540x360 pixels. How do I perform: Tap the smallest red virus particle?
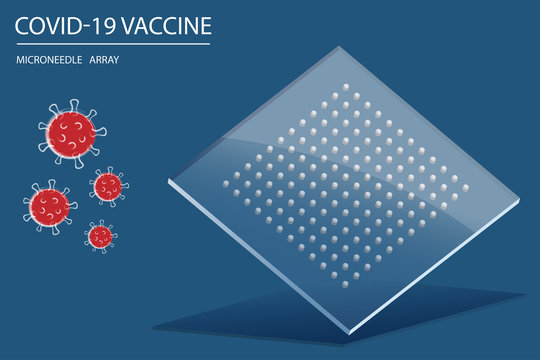tap(99, 236)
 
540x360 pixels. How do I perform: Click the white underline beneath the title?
tap(113, 44)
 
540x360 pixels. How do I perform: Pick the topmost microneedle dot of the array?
tap(346, 87)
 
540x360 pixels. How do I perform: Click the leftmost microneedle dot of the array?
tap(225, 184)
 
